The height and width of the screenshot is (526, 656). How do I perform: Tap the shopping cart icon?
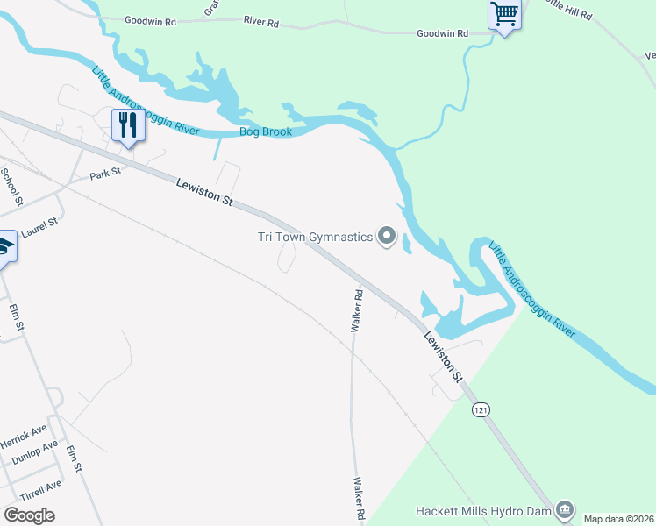[504, 14]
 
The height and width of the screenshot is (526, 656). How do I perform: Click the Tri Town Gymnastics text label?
[315, 236]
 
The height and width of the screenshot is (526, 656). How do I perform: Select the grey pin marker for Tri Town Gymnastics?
[387, 236]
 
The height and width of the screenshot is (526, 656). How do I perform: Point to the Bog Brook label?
[265, 132]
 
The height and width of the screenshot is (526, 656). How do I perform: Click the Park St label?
[104, 175]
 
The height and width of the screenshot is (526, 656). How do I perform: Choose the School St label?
[11, 186]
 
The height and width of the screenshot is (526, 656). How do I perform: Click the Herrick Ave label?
[24, 434]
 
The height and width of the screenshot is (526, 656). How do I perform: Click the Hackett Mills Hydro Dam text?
[484, 510]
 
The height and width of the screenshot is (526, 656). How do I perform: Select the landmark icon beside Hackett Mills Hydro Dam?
[565, 509]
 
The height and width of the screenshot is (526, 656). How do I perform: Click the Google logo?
[29, 515]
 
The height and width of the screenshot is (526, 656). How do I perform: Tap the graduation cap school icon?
[4, 248]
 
